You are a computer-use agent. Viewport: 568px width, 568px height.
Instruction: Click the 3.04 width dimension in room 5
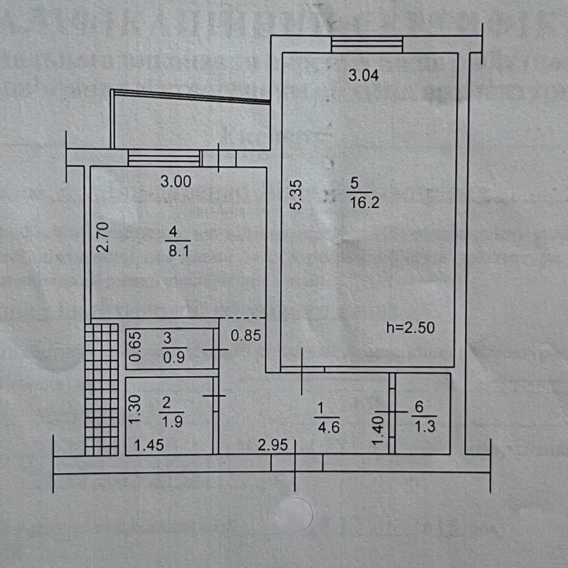pyautogui.click(x=364, y=75)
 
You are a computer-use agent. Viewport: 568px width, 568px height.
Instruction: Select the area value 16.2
pyautogui.click(x=364, y=203)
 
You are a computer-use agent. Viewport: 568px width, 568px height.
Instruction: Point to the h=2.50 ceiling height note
pyautogui.click(x=410, y=328)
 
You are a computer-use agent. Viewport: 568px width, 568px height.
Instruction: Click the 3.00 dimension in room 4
pyautogui.click(x=176, y=182)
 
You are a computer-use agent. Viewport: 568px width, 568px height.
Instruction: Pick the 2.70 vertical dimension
pyautogui.click(x=104, y=237)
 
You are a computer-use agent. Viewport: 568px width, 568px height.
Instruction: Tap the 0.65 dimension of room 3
pyautogui.click(x=135, y=346)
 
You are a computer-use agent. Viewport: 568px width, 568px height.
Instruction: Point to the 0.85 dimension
pyautogui.click(x=246, y=336)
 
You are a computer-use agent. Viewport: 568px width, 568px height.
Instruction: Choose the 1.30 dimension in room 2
pyautogui.click(x=135, y=409)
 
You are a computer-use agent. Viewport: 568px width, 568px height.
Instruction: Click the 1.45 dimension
pyautogui.click(x=149, y=445)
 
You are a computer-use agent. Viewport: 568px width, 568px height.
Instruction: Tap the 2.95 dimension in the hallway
pyautogui.click(x=273, y=445)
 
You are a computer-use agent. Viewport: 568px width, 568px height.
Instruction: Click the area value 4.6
pyautogui.click(x=328, y=427)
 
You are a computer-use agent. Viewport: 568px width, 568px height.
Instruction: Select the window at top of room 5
pyautogui.click(x=367, y=45)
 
